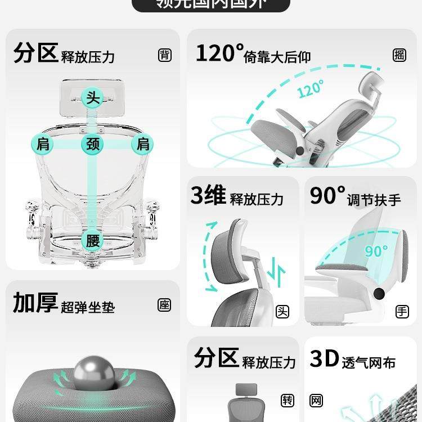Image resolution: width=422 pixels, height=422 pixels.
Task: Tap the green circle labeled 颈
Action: [x=92, y=144]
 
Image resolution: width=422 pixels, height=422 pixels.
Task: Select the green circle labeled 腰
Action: [x=92, y=241]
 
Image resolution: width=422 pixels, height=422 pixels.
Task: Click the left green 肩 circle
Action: [x=43, y=144]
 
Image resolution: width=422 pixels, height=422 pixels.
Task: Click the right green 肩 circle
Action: [x=143, y=144]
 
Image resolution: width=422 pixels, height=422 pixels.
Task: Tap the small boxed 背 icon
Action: [x=165, y=55]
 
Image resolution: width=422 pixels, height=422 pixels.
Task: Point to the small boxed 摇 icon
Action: [x=399, y=55]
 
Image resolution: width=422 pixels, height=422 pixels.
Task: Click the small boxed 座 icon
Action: [x=164, y=305]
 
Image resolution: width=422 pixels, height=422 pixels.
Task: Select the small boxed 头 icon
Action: [x=282, y=311]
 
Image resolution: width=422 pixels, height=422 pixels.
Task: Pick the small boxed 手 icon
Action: [x=402, y=311]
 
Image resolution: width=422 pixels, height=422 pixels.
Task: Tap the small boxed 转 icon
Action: [x=288, y=401]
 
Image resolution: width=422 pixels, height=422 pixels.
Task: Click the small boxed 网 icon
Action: [x=316, y=401]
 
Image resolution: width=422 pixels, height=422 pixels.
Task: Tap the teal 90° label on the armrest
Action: [x=376, y=250]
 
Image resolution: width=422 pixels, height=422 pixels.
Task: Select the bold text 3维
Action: [x=208, y=196]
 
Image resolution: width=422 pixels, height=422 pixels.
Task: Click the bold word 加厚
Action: [x=35, y=303]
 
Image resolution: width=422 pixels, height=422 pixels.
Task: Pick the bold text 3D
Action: [x=324, y=359]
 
